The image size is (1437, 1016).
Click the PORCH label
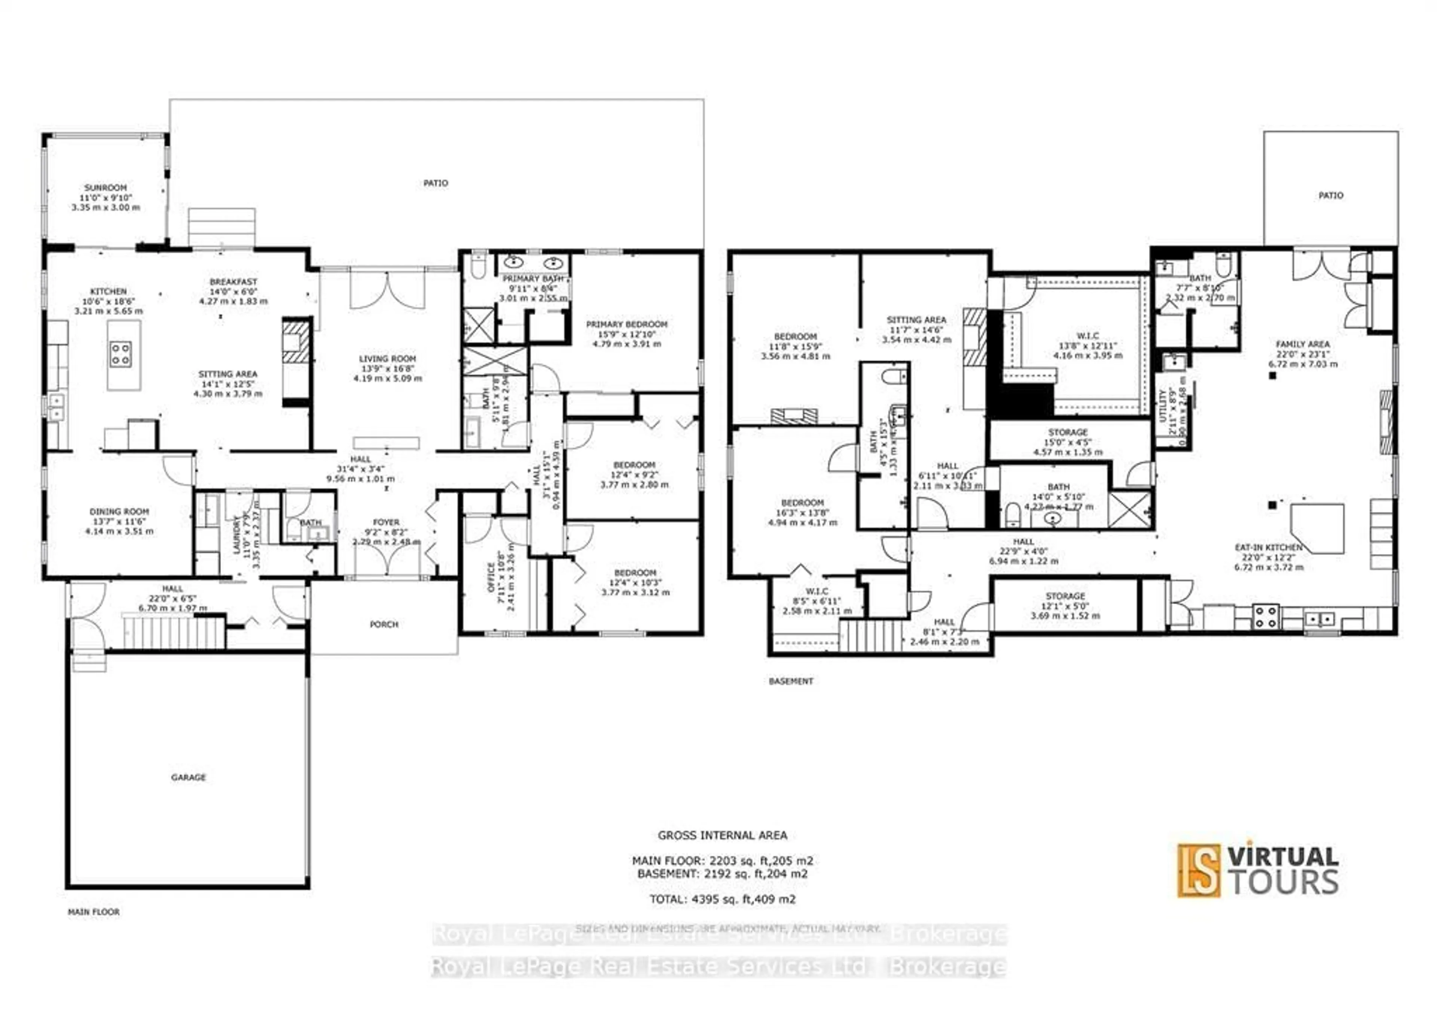click(x=384, y=624)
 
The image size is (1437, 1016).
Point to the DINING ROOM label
click(x=119, y=512)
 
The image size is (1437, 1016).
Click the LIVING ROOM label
click(x=387, y=359)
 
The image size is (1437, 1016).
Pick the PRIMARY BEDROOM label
click(x=626, y=324)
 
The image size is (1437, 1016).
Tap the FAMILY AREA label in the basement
click(x=1302, y=344)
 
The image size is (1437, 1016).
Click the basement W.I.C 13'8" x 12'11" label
click(x=1088, y=336)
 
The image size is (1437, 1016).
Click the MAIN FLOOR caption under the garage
click(x=94, y=912)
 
